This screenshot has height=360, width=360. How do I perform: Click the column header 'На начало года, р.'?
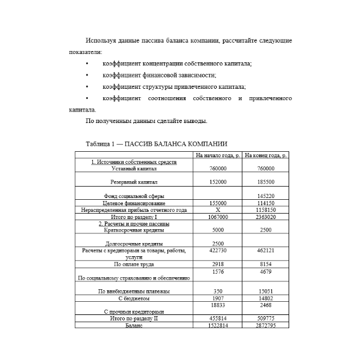(218, 155)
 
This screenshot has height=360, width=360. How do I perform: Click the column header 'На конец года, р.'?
(266, 155)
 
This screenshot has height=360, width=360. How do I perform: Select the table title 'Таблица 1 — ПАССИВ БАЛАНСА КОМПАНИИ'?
(157, 144)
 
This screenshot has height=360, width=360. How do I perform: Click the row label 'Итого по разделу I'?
(134, 217)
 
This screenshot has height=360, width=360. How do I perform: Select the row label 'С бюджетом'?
(134, 298)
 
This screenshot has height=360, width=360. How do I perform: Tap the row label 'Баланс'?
(134, 325)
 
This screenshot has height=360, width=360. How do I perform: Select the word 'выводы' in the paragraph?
(196, 122)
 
